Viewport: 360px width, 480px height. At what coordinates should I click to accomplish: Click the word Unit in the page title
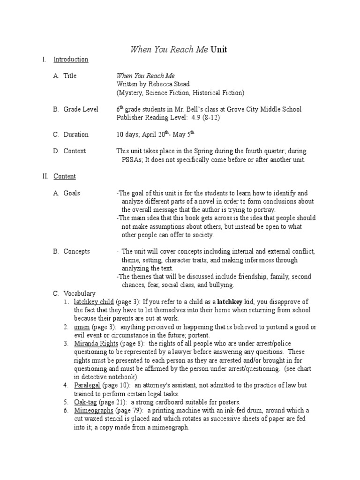pos(218,50)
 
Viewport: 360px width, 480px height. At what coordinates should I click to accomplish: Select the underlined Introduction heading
pos(71,60)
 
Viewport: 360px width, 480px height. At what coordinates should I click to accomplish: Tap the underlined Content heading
pos(65,177)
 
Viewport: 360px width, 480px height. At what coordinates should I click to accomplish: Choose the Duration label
pos(76,135)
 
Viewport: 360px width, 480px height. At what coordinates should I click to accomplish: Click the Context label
pos(75,151)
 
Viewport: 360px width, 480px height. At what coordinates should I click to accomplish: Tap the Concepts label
pos(77,252)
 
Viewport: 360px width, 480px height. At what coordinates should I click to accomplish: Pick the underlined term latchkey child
pos(94,302)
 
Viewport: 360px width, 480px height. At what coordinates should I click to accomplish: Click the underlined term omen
pos(82,327)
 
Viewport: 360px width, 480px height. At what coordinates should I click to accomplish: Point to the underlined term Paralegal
pos(87,385)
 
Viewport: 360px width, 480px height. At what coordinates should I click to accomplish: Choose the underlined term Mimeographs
pos(94,411)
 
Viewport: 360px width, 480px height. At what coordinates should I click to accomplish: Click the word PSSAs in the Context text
pos(132,160)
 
